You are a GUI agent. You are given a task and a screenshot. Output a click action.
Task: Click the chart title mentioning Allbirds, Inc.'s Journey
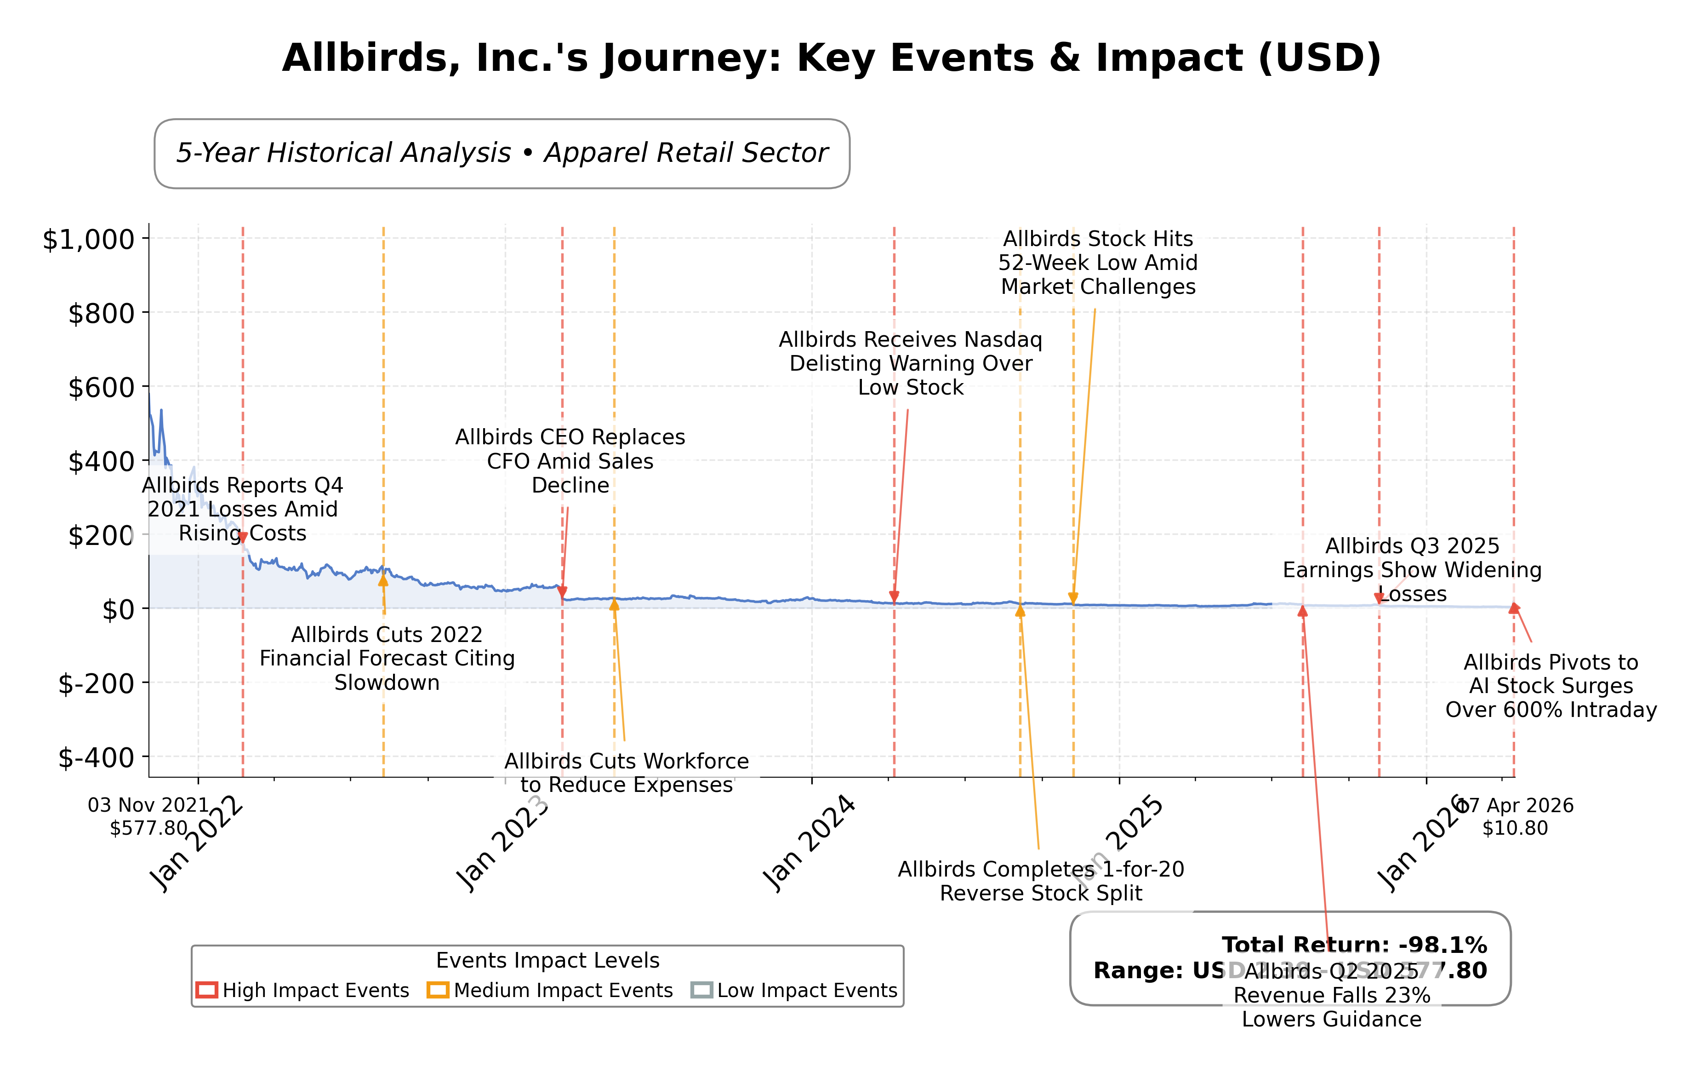pyautogui.click(x=831, y=58)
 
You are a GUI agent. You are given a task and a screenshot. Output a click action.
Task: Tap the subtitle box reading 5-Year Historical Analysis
pyautogui.click(x=502, y=153)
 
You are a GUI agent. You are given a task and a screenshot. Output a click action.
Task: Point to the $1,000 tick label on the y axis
pyautogui.click(x=89, y=240)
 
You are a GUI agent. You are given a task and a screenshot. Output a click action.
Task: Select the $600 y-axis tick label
pyautogui.click(x=101, y=387)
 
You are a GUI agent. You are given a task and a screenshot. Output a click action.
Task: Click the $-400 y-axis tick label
pyautogui.click(x=96, y=758)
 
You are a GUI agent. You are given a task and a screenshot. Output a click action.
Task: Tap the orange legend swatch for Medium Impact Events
pyautogui.click(x=438, y=990)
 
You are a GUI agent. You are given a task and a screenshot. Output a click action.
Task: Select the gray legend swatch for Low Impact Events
pyautogui.click(x=701, y=990)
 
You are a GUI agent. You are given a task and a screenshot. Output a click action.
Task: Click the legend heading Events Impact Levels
pyautogui.click(x=547, y=961)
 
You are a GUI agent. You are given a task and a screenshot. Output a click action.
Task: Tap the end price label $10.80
pyautogui.click(x=1515, y=829)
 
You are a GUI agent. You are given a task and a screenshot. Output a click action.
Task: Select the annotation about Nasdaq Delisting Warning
pyautogui.click(x=910, y=363)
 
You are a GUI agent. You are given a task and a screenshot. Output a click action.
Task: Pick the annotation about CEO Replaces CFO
pyautogui.click(x=570, y=462)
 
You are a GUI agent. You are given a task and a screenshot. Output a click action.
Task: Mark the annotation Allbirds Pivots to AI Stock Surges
pyautogui.click(x=1551, y=686)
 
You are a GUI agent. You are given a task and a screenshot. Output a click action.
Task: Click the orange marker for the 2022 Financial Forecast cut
pyautogui.click(x=383, y=580)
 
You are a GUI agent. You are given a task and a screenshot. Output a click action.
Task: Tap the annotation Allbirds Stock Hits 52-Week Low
pyautogui.click(x=1098, y=263)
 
